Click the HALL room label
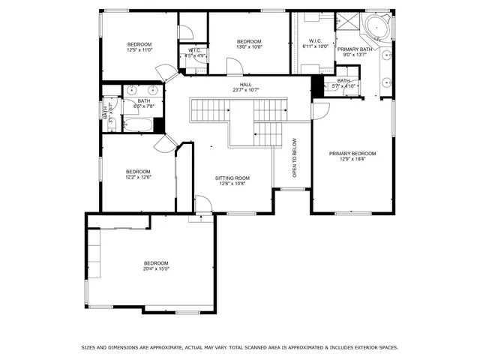pos(245,85)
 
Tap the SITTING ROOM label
pos(234,178)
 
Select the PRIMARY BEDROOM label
pos(352,154)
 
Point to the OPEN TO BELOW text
pos(295,162)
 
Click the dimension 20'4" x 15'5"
pos(156,268)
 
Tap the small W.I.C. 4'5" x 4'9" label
pos(195,53)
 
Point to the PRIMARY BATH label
pos(354,49)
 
